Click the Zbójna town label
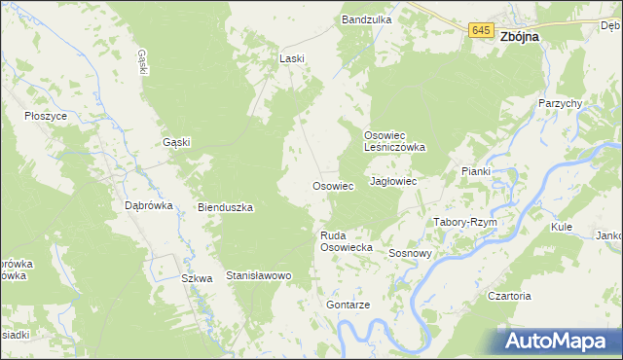coord(520,33)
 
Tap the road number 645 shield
coord(479,31)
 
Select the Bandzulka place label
coord(366,18)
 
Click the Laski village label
coord(292,58)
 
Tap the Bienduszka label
coord(226,207)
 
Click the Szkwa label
coord(197,278)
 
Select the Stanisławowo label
coord(259,276)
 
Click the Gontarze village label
coord(349,305)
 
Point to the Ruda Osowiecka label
coord(348,241)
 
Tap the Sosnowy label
coord(410,253)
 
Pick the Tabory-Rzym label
coord(465,222)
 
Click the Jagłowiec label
coord(393,182)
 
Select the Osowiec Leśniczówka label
coord(395,141)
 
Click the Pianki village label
coord(476,171)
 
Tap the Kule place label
coord(561,226)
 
